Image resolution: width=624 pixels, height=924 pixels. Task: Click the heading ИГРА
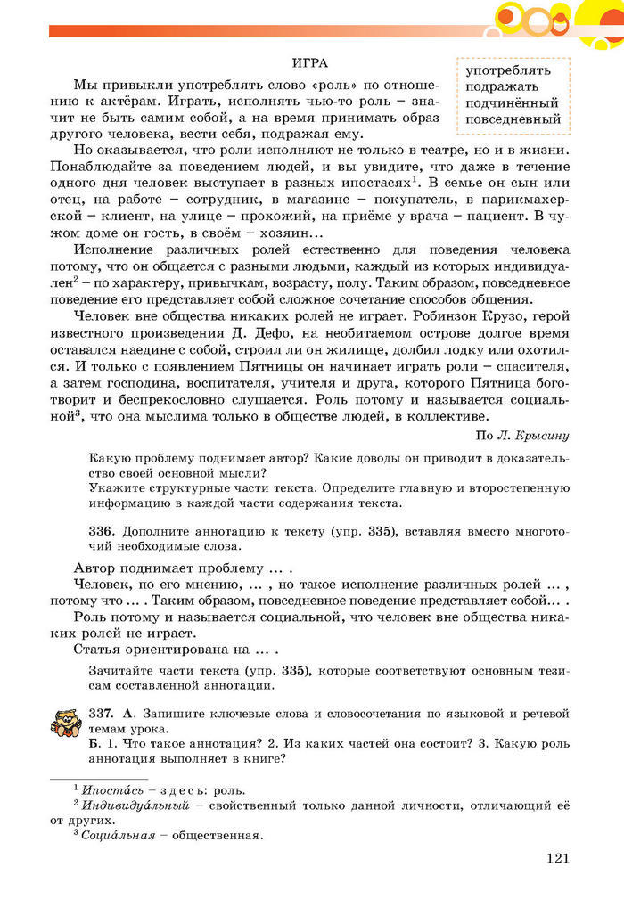[x=310, y=62]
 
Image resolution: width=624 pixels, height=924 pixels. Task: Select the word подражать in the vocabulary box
[x=502, y=86]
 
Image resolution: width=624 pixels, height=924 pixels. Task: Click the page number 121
[x=556, y=858]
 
